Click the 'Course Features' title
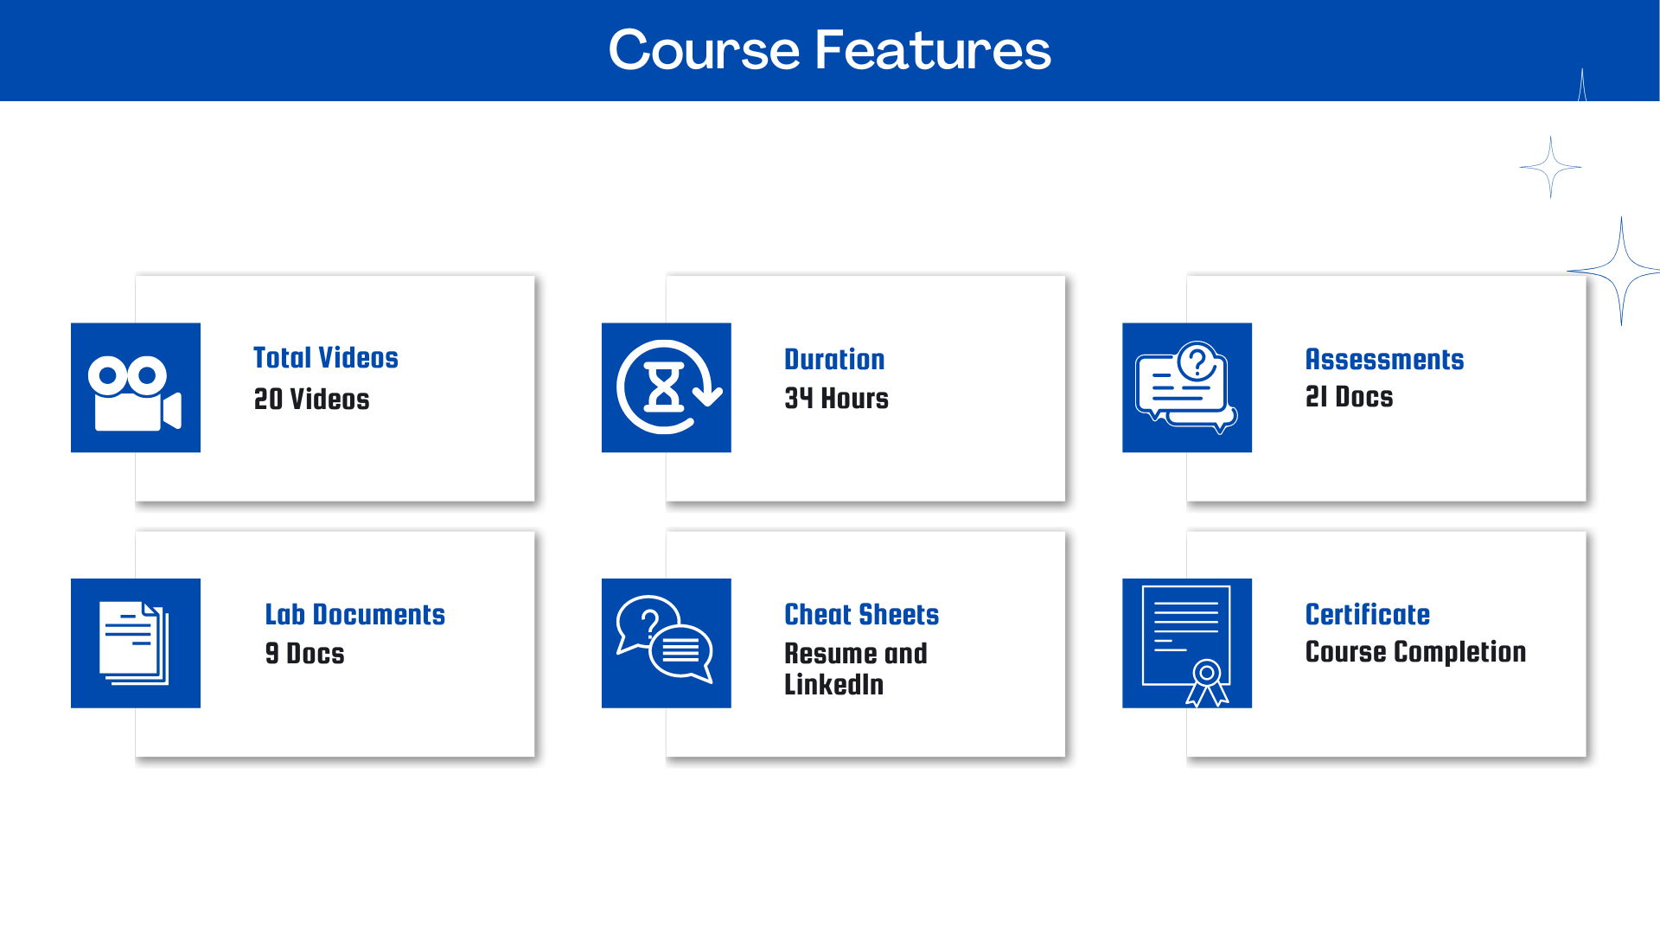[830, 49]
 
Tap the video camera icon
[135, 393]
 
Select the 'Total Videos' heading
[326, 357]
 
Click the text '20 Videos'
[311, 399]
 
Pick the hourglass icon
[664, 387]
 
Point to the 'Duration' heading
[834, 359]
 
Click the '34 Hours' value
[836, 398]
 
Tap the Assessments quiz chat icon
[1186, 387]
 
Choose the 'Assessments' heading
[1384, 359]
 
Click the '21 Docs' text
[1349, 396]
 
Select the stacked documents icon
[134, 643]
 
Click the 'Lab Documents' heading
[354, 614]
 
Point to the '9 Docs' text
[304, 653]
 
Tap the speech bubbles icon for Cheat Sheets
[665, 639]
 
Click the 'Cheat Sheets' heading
[861, 614]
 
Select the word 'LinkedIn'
[833, 684]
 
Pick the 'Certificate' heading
[1368, 614]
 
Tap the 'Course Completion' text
[1415, 651]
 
